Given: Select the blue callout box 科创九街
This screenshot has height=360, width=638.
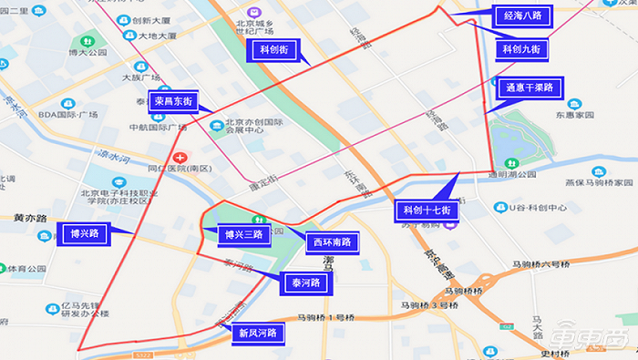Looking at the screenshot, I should [522, 47].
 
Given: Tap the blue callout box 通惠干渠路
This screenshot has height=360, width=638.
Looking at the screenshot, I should [530, 87].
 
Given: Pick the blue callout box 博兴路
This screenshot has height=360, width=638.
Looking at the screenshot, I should [84, 233].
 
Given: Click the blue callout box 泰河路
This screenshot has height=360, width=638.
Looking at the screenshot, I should [303, 283].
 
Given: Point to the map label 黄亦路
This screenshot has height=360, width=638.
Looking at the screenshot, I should [30, 219].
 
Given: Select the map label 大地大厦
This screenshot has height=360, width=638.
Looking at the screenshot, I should [158, 36].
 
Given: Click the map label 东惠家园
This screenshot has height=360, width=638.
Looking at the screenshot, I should [575, 116].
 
